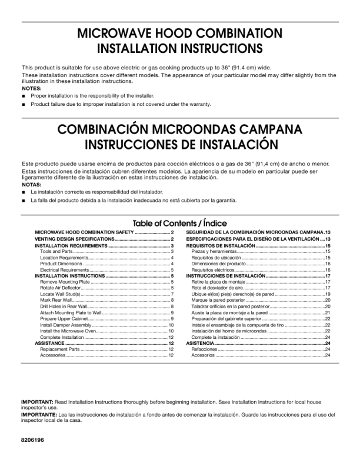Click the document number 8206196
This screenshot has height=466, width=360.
pyautogui.click(x=33, y=440)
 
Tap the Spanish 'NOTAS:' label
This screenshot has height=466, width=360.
pyautogui.click(x=32, y=184)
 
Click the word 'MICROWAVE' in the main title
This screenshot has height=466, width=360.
pyautogui.click(x=115, y=33)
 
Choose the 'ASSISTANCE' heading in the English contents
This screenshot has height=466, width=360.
pyautogui.click(x=49, y=343)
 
